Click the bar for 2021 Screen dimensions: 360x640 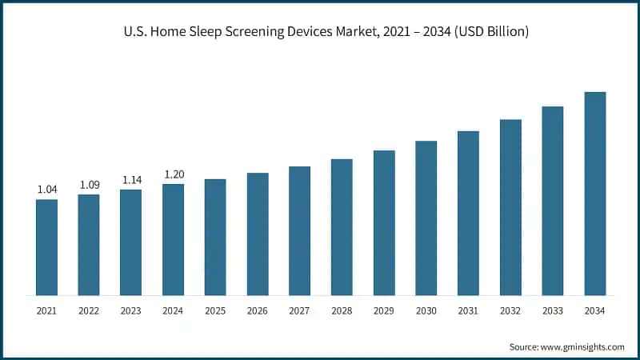point(46,247)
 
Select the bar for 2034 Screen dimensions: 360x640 point(595,194)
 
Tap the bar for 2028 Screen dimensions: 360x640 point(342,227)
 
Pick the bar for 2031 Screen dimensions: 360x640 point(468,213)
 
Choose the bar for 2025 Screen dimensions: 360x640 point(215,237)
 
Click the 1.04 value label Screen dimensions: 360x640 point(46,190)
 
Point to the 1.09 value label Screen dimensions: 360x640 point(89,185)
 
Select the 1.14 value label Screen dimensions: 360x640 point(131,180)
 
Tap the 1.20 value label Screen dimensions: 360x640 point(174,174)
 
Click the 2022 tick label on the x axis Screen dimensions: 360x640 point(89,310)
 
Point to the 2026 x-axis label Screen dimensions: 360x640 point(258,310)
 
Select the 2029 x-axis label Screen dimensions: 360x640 point(384,310)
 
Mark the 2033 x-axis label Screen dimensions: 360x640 point(553,310)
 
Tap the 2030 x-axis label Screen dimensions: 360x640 point(426,310)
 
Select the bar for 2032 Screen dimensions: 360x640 point(510,207)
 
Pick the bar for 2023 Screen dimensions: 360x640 point(131,242)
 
